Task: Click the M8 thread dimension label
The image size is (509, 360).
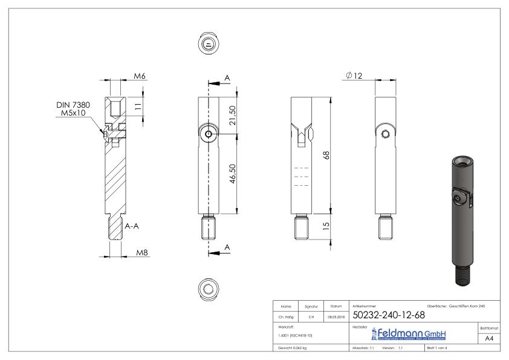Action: pos(142,252)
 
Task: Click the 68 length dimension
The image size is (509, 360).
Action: pos(326,155)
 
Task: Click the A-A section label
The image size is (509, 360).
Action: pos(134,226)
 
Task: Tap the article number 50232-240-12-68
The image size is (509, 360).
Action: pos(387,315)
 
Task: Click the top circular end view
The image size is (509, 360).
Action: pos(208,43)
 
